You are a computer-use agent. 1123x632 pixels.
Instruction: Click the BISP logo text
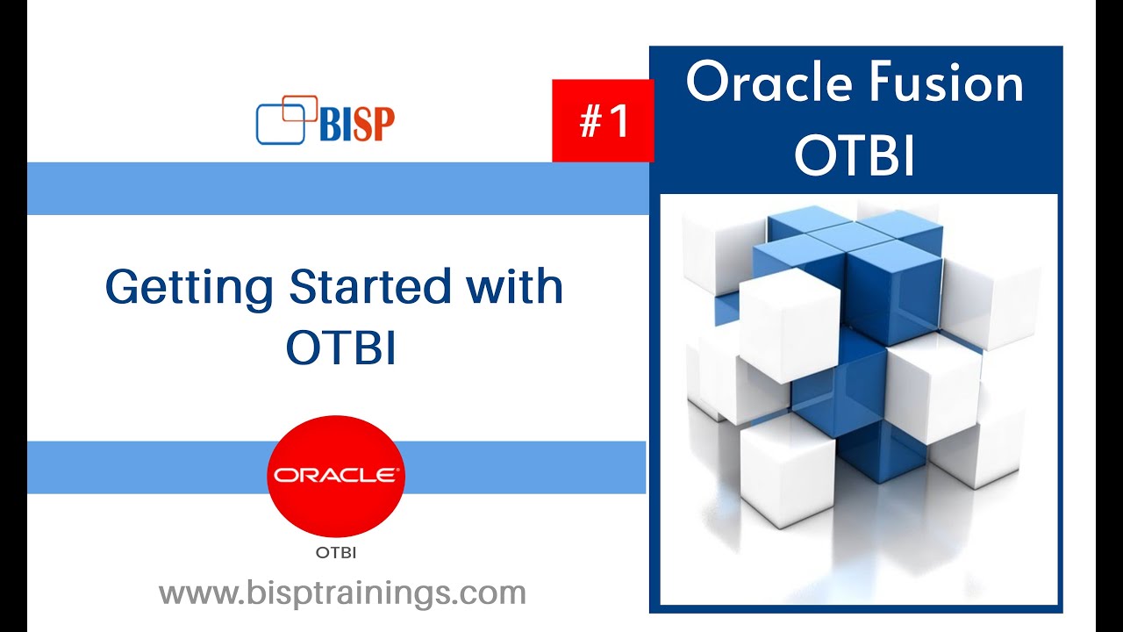(x=357, y=125)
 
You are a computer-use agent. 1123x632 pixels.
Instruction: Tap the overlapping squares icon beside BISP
(x=286, y=120)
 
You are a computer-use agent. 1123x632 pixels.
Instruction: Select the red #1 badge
(x=603, y=120)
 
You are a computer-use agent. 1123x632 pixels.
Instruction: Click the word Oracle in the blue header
(x=769, y=82)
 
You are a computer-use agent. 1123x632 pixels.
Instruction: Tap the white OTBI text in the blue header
(x=855, y=155)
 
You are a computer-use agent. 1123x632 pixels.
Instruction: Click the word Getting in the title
(x=189, y=287)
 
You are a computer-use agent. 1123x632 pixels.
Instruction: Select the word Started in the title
(x=369, y=286)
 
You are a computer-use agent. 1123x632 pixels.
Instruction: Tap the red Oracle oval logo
(x=336, y=476)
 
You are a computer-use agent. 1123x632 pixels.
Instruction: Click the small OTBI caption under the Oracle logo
(x=336, y=553)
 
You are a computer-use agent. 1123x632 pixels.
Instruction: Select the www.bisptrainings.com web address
(x=342, y=593)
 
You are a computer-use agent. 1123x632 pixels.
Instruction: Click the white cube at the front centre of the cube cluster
(x=789, y=326)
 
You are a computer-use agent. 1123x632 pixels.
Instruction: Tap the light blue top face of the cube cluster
(x=854, y=230)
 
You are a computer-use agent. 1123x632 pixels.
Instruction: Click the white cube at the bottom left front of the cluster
(x=787, y=471)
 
